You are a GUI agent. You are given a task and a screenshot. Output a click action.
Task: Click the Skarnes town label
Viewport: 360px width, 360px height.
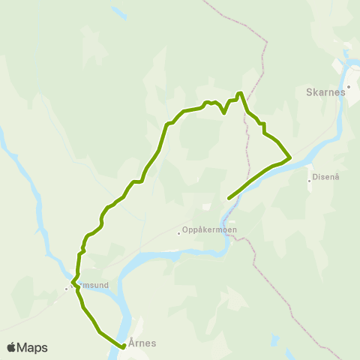[x=325, y=92]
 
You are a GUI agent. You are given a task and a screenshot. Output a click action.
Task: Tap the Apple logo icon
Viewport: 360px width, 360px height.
[x=12, y=347]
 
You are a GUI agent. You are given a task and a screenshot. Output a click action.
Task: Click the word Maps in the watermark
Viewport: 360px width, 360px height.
[x=32, y=347]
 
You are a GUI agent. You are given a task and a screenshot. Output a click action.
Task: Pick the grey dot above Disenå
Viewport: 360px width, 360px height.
[x=309, y=180]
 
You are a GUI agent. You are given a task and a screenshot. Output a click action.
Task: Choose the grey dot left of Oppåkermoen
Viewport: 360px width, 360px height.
[x=178, y=232]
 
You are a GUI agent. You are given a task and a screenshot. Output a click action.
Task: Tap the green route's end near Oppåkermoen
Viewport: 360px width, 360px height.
[x=228, y=198]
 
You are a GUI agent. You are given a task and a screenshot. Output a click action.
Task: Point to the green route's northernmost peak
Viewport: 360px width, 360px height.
[x=239, y=93]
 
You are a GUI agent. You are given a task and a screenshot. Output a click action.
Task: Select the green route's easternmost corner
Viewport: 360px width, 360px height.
[x=290, y=157]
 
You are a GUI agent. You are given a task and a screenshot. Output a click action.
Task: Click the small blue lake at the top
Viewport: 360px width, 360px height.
[x=118, y=13]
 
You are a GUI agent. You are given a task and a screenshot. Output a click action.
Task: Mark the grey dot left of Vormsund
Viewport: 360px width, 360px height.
[x=66, y=288]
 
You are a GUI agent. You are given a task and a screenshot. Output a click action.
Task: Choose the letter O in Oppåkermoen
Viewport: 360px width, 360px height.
[x=185, y=231]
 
